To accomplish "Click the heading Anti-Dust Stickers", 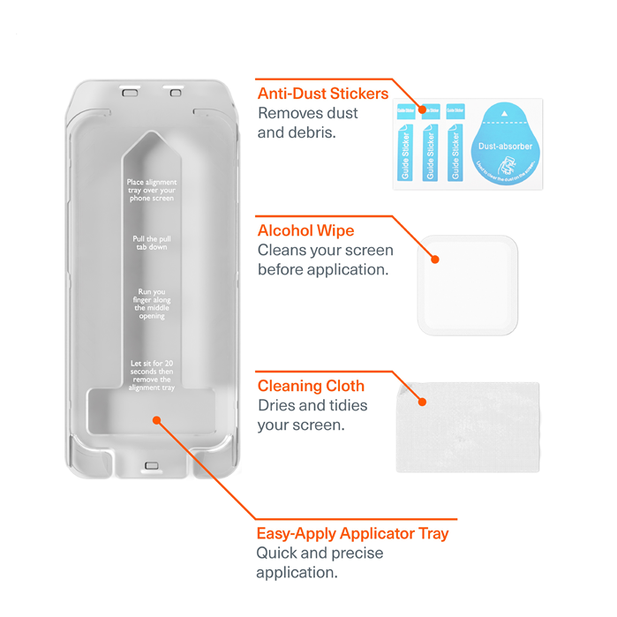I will tap(322, 94).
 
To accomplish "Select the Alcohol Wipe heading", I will tap(305, 230).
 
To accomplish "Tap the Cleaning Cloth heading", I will tap(311, 386).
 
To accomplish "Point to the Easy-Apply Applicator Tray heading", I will tap(352, 533).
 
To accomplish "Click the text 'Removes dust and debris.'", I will tap(308, 123).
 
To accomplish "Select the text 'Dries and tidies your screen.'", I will tap(312, 415).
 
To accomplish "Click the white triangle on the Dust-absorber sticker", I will tap(503, 114).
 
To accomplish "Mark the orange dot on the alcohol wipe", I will tap(434, 260).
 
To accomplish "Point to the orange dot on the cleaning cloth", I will tap(423, 402).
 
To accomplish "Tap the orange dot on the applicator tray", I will tap(156, 421).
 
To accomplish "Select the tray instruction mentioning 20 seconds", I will tap(152, 375).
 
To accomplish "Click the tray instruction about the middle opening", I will tap(151, 304).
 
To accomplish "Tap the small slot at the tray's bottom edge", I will tap(150, 465).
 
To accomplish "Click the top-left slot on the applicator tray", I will tap(130, 91).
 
